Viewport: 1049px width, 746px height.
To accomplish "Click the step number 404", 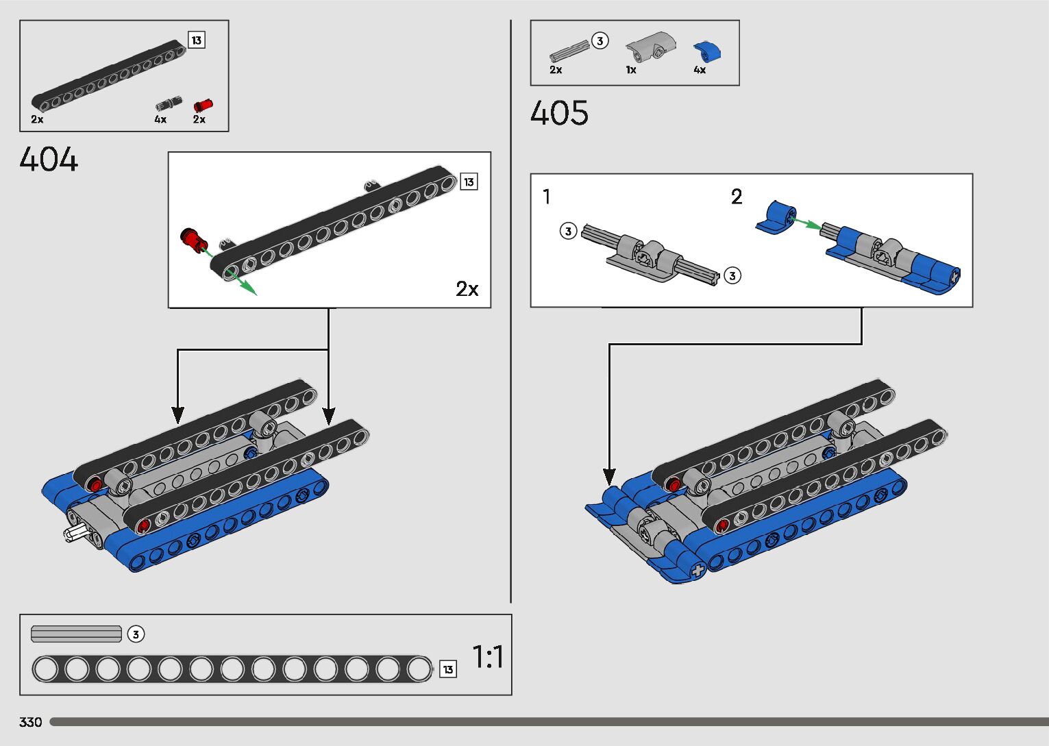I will (49, 160).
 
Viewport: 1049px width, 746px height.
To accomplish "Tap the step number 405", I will (559, 113).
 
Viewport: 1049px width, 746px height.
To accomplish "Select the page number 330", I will (31, 722).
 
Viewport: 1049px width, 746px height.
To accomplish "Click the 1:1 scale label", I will (488, 657).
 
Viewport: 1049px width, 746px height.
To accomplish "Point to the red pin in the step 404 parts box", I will (203, 105).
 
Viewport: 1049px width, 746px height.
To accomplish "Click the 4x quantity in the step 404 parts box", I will (160, 119).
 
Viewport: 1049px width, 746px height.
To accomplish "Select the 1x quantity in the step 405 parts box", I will (631, 70).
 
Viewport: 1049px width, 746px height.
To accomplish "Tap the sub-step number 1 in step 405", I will (546, 197).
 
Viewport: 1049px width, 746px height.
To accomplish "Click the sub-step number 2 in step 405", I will (737, 197).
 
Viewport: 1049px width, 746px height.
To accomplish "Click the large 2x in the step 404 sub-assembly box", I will (467, 289).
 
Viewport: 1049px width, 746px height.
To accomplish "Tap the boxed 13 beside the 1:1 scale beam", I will (448, 669).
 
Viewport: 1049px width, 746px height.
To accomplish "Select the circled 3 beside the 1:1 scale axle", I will (136, 634).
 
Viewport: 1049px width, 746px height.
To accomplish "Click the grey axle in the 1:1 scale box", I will (76, 634).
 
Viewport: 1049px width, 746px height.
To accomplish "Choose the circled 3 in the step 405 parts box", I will (600, 41).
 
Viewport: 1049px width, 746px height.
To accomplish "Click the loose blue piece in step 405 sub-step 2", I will (777, 217).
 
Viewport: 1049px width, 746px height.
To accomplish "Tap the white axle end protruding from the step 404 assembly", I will (75, 534).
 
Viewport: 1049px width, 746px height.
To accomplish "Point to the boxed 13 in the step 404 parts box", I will (197, 40).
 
